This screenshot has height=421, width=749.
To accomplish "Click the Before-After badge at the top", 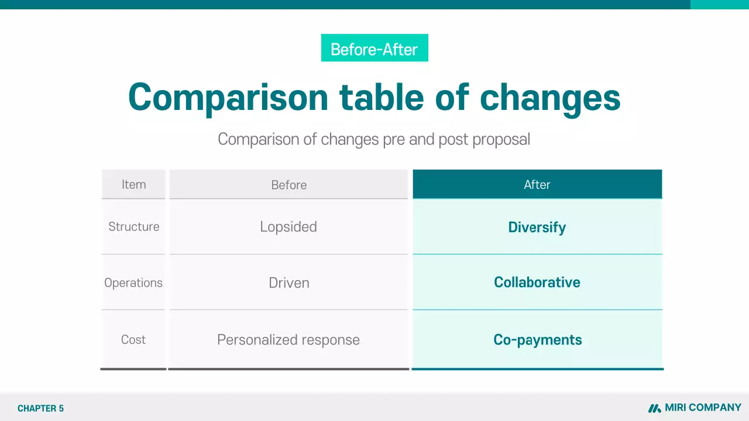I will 374,48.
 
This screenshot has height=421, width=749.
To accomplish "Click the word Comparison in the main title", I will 228,96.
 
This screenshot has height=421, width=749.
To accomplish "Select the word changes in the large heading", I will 550,96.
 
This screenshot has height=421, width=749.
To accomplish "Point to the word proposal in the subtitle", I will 501,139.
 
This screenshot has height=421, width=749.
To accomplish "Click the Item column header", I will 133,185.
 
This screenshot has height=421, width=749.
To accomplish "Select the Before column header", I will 288,185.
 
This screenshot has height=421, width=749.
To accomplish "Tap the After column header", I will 537,185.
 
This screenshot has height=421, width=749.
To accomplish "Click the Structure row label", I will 133,227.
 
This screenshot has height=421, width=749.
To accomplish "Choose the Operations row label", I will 133,283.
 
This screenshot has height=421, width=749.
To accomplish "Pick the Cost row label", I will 133,340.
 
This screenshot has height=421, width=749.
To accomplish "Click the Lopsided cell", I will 288,227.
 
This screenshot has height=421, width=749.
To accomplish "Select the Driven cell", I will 288,283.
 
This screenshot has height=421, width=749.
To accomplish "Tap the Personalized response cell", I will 288,340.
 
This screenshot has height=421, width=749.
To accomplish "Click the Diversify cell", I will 537,227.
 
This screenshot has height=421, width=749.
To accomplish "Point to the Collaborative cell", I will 537,282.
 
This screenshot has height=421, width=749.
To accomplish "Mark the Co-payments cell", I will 537,340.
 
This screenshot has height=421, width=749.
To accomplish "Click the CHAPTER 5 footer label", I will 40,409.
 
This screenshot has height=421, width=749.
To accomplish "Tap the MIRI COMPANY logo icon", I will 654,408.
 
